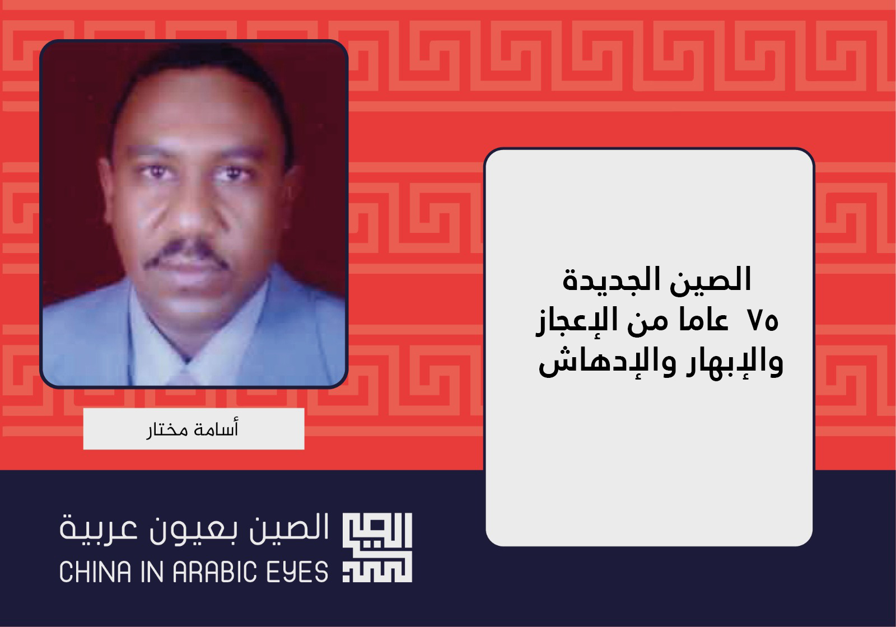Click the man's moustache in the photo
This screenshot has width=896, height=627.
pos(187,252)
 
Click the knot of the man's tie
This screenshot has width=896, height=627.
pos(185,375)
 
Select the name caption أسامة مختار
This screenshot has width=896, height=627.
pos(193,429)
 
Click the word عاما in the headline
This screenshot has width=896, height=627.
pos(703,321)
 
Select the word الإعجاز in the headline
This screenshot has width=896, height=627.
pos(573,323)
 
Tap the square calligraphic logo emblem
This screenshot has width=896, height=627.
pos(377,547)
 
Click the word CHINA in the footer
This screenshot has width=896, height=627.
pos(96,572)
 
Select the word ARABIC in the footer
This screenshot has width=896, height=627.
pos(215,572)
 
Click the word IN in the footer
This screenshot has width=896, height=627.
pos(152,572)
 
